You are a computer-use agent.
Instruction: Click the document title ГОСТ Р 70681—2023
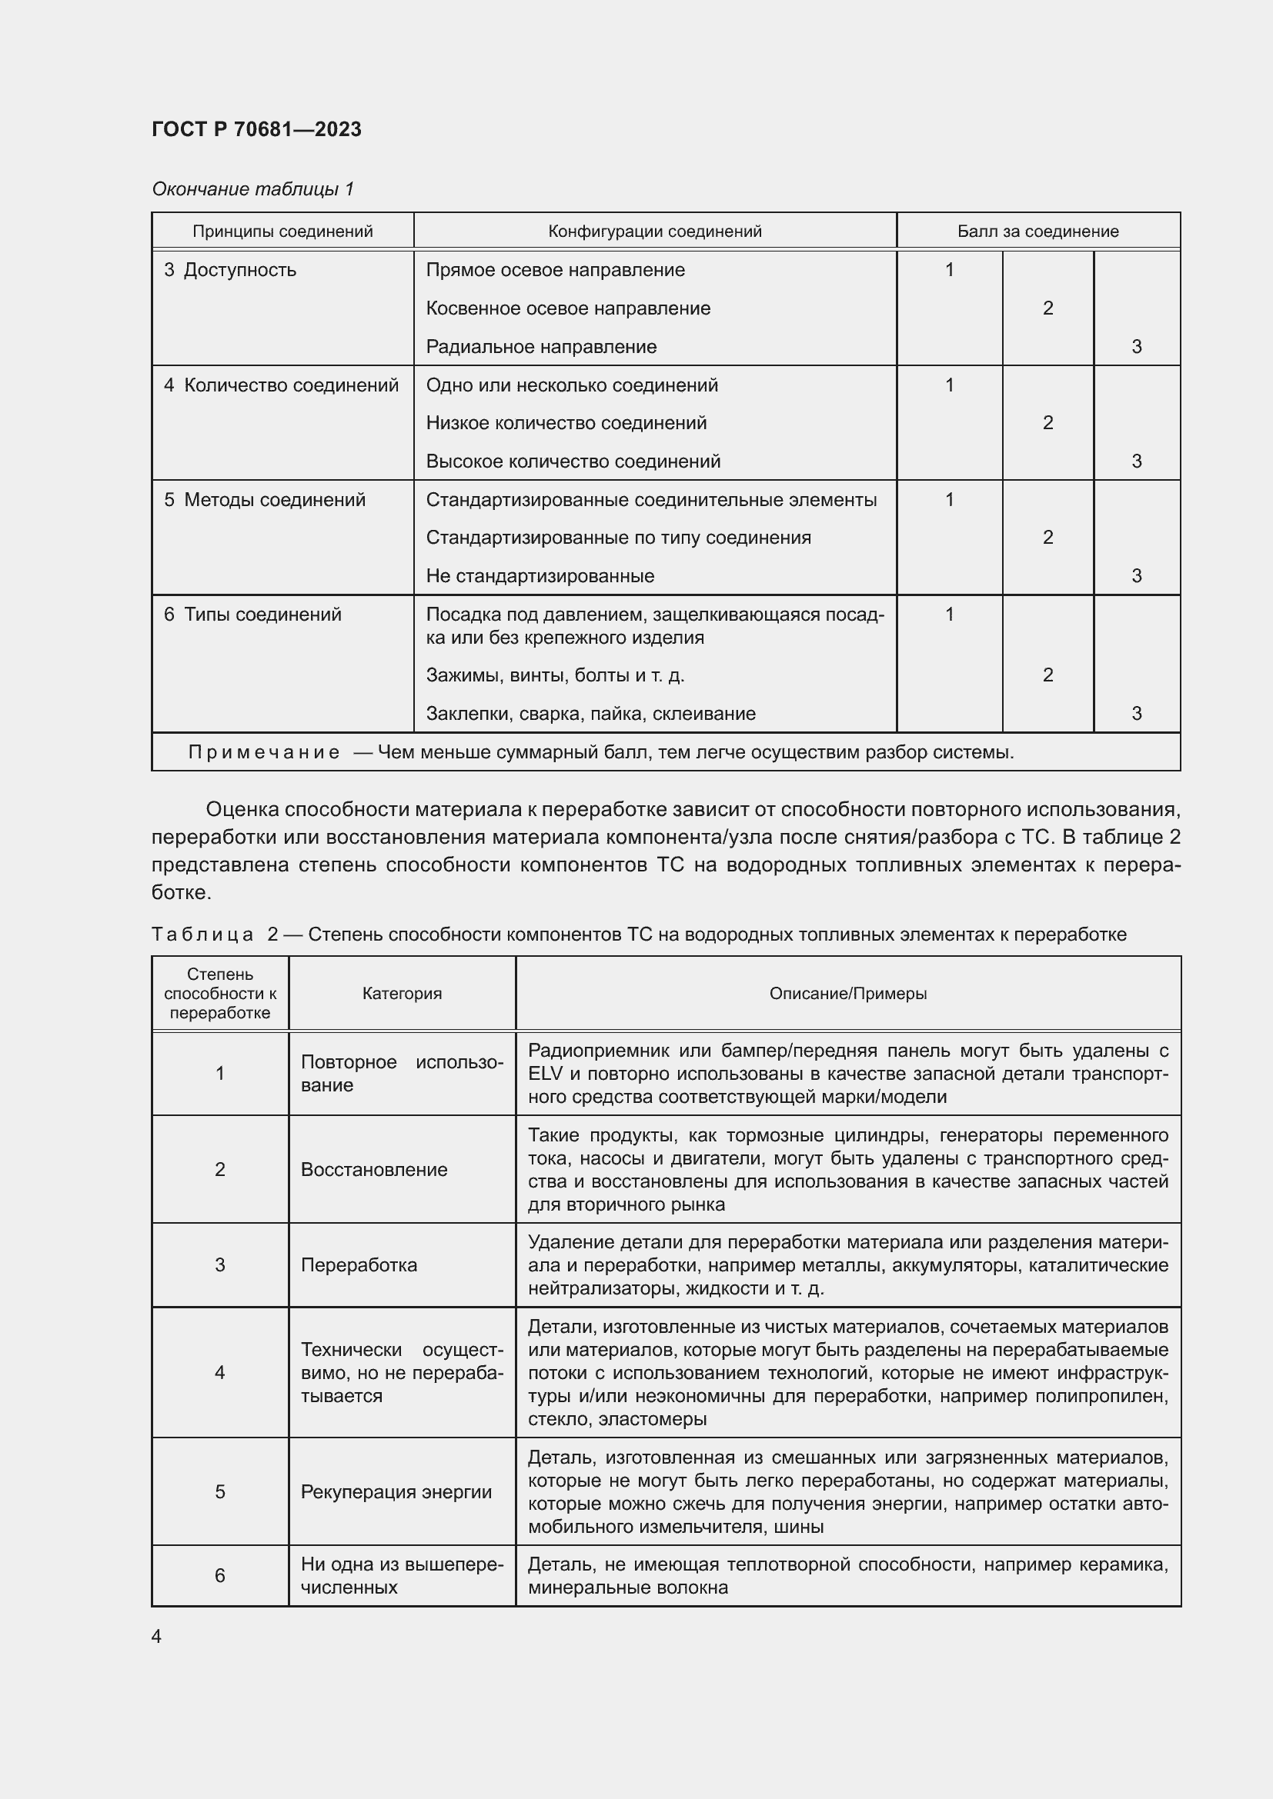click(256, 129)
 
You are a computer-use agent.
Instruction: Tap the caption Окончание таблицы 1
click(252, 189)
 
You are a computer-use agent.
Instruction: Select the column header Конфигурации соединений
click(653, 232)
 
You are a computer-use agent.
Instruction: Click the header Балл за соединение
click(1037, 232)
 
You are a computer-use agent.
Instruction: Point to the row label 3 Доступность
click(230, 270)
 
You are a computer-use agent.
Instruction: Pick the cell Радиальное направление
click(541, 346)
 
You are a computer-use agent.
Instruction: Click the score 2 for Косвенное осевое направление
click(1047, 308)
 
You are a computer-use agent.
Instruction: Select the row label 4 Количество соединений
click(282, 385)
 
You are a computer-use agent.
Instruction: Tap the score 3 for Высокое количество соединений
click(1136, 461)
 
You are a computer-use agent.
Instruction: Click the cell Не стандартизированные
click(540, 576)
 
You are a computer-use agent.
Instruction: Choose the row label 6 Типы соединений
click(252, 615)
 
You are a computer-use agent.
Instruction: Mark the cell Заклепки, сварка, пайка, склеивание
click(590, 714)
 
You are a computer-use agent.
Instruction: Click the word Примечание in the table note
click(263, 752)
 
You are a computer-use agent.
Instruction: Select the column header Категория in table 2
click(401, 994)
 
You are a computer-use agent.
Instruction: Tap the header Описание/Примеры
click(847, 994)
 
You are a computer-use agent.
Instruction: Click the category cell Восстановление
click(374, 1170)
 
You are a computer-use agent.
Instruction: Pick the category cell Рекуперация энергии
click(396, 1492)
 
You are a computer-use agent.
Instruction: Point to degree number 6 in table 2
click(219, 1576)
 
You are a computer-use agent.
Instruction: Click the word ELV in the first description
click(545, 1074)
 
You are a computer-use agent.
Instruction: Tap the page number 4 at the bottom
click(156, 1636)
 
